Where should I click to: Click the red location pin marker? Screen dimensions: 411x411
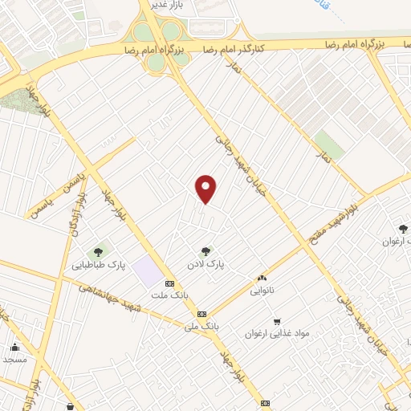[x=206, y=189]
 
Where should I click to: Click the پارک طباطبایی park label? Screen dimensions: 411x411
[x=100, y=265]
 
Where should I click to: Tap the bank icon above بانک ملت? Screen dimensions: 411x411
[x=169, y=283]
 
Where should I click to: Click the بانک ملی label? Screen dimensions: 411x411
[x=201, y=326]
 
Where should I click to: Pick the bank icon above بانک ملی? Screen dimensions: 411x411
[x=201, y=314]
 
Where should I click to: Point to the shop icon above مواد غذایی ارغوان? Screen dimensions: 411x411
[x=278, y=320]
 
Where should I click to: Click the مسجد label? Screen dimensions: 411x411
[x=15, y=359]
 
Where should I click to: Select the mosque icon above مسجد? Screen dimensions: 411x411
[x=15, y=347]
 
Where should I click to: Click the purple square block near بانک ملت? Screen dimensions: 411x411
[x=147, y=271]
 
